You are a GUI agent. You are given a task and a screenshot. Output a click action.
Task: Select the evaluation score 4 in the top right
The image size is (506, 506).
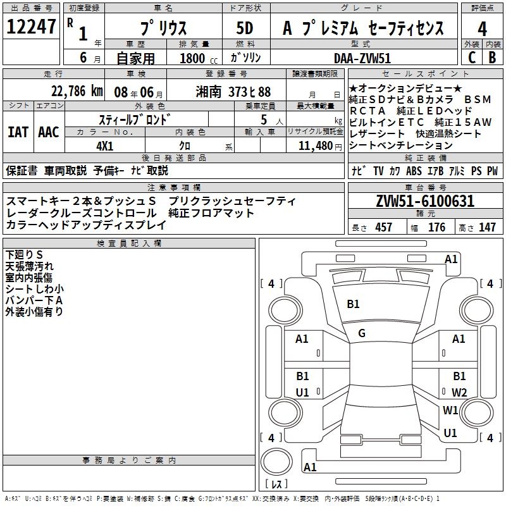[483, 28]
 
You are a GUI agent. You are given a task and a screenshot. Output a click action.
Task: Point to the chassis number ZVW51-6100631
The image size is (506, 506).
[424, 202]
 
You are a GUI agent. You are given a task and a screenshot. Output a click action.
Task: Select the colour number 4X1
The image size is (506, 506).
[104, 145]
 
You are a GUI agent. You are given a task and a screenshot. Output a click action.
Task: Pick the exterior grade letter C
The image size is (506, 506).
[471, 57]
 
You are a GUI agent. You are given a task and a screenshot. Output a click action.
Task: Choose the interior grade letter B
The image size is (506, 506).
[493, 57]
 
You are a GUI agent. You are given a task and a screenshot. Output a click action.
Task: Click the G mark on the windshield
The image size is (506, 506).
[362, 333]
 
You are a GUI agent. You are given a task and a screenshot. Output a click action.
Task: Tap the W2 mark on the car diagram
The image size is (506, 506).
[459, 392]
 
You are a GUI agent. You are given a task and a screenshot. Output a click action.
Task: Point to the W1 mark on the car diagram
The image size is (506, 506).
[450, 410]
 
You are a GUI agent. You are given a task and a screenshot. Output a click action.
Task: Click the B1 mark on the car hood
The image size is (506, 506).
[353, 304]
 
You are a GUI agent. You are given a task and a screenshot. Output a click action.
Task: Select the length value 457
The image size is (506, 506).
[384, 227]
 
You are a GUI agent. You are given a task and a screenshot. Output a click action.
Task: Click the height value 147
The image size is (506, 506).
[487, 227]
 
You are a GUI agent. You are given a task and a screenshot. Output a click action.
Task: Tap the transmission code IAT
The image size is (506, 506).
[18, 132]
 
